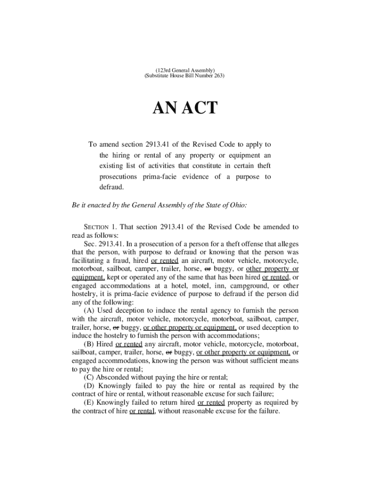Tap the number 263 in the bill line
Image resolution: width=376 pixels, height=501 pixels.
[217, 77]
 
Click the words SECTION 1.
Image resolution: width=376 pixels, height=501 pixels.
[101, 227]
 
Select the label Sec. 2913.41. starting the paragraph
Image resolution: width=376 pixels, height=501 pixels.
[104, 244]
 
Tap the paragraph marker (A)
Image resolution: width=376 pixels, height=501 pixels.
[89, 311]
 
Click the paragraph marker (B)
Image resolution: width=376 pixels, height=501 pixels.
[89, 344]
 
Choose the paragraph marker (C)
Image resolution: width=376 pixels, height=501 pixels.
[89, 377]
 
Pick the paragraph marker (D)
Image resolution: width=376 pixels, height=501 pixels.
[90, 386]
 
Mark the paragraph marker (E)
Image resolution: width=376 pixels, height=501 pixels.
[89, 403]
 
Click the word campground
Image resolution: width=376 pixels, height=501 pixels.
[249, 286]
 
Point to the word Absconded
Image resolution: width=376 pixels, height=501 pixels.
[113, 377]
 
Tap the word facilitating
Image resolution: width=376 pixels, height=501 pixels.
[89, 260]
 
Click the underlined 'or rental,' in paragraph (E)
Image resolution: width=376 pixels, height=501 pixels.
[142, 411]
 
